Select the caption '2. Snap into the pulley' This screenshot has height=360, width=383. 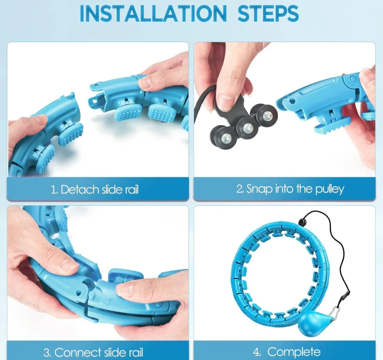(290, 189)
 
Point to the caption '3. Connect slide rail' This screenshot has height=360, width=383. (93, 352)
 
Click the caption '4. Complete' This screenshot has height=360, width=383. (287, 352)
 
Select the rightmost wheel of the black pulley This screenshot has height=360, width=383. (266, 114)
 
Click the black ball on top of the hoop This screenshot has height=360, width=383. (302, 222)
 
